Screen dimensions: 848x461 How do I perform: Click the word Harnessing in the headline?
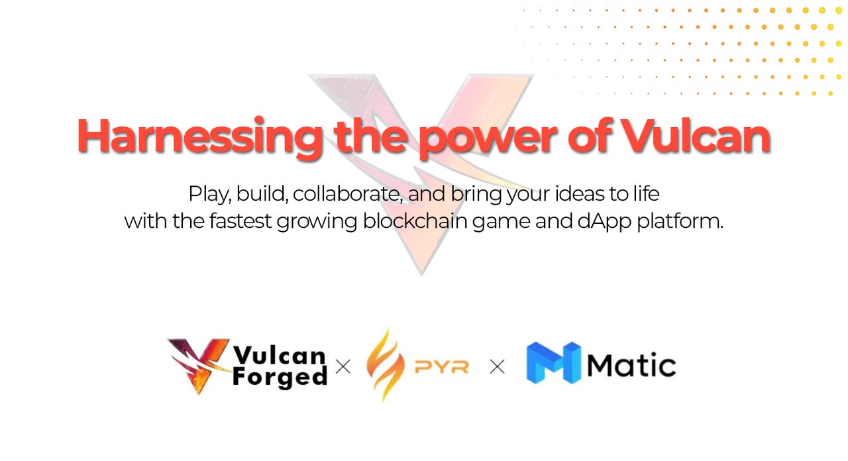tap(199, 136)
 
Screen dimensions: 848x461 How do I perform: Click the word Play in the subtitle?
tap(209, 195)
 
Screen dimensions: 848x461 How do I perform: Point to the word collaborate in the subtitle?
tap(347, 193)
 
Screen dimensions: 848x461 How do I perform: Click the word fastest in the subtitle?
tap(240, 221)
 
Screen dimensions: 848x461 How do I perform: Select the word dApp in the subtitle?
tap(604, 222)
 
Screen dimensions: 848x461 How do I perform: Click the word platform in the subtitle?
tap(680, 221)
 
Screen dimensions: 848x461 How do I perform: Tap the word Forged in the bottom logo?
tap(280, 378)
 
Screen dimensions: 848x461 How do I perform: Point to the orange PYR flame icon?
tap(385, 364)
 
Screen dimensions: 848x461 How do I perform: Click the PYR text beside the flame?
tap(442, 367)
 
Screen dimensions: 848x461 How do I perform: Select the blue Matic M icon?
tap(553, 362)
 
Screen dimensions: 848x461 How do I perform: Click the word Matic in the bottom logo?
tap(631, 366)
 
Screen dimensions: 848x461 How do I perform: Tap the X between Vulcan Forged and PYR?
tap(343, 367)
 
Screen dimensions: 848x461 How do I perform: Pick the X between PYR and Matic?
tap(497, 367)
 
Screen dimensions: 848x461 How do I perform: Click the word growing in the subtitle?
tap(317, 222)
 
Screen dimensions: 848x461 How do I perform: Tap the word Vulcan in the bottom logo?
tap(280, 355)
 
